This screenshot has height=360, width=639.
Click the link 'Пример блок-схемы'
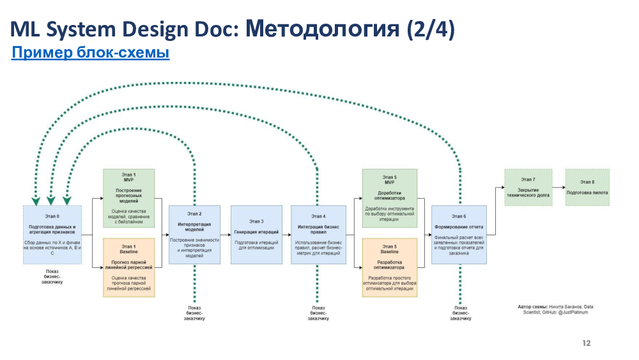pos(90,53)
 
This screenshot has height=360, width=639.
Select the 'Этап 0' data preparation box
pos(52,235)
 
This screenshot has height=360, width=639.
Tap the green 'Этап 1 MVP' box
pos(129,198)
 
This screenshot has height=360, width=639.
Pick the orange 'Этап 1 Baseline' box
pos(129,267)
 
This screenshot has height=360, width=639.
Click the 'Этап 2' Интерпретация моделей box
pos(194,235)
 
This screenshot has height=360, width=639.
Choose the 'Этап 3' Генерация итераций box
pos(256,235)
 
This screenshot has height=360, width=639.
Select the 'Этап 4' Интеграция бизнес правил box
pos(318,235)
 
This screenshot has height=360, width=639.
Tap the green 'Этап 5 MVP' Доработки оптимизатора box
pos(389,198)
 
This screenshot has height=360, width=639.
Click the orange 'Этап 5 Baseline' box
pos(389,267)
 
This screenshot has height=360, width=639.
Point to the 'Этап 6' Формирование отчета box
pos(459,235)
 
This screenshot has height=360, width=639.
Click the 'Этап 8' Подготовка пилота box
pos(587,187)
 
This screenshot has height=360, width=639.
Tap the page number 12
pos(586,343)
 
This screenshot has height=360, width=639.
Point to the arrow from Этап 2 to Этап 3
pos(226,235)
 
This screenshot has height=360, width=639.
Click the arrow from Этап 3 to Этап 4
pos(286,235)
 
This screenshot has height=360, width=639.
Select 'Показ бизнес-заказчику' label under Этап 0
pos(52,276)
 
